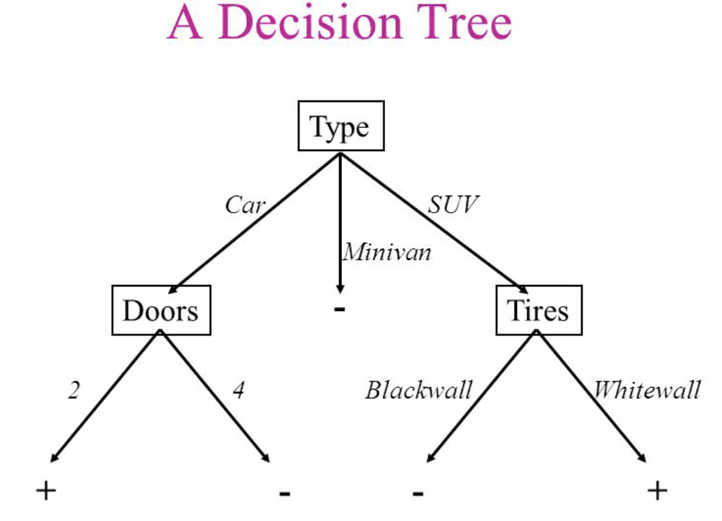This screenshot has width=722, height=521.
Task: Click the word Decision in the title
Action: (x=310, y=22)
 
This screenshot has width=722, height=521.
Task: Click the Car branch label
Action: (x=245, y=205)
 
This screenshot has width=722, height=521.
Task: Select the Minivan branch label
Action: (x=387, y=252)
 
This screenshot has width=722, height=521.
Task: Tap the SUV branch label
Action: (x=453, y=204)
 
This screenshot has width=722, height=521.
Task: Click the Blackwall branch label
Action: (x=418, y=390)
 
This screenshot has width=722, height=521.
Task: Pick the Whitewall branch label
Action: (x=647, y=390)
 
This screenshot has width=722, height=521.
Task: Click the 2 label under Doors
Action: (x=74, y=390)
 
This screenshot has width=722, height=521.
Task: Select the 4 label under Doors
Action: (x=238, y=390)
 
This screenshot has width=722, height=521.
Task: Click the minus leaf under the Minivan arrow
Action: (x=339, y=309)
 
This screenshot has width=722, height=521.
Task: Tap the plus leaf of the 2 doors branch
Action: (x=46, y=491)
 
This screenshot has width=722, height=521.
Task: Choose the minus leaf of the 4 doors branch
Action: (x=284, y=494)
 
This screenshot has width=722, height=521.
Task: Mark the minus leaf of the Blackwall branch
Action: (x=418, y=494)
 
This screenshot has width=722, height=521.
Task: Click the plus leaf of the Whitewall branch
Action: (x=657, y=491)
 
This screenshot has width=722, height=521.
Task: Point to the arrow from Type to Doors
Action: (x=254, y=223)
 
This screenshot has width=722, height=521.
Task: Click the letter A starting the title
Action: (x=185, y=23)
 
